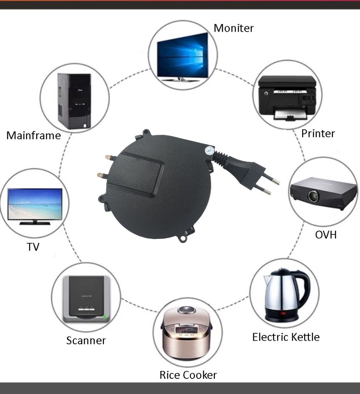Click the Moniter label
[233, 28]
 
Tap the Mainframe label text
[34, 135]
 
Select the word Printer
[318, 133]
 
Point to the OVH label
[326, 235]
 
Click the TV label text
[33, 247]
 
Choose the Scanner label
[86, 340]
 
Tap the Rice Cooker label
[188, 375]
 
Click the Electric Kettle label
[286, 337]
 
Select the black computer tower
[74, 101]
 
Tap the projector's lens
[314, 196]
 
